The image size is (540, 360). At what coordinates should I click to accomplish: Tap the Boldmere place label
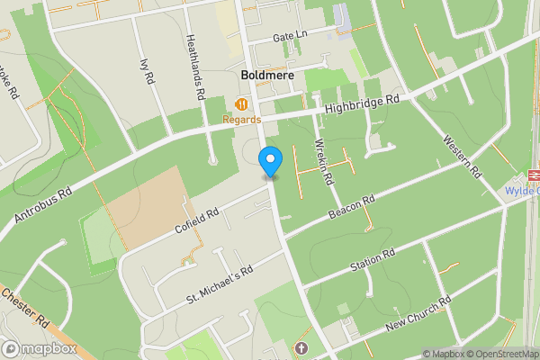(267, 75)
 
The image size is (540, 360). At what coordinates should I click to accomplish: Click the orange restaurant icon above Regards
(241, 104)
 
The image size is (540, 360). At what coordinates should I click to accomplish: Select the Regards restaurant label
(242, 119)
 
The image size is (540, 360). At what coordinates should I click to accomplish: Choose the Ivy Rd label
(146, 72)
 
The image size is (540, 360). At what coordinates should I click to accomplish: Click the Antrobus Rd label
(42, 206)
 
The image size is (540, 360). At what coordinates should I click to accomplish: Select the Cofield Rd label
(198, 220)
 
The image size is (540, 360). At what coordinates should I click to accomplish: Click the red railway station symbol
(532, 175)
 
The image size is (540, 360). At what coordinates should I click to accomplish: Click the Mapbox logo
(39, 348)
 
